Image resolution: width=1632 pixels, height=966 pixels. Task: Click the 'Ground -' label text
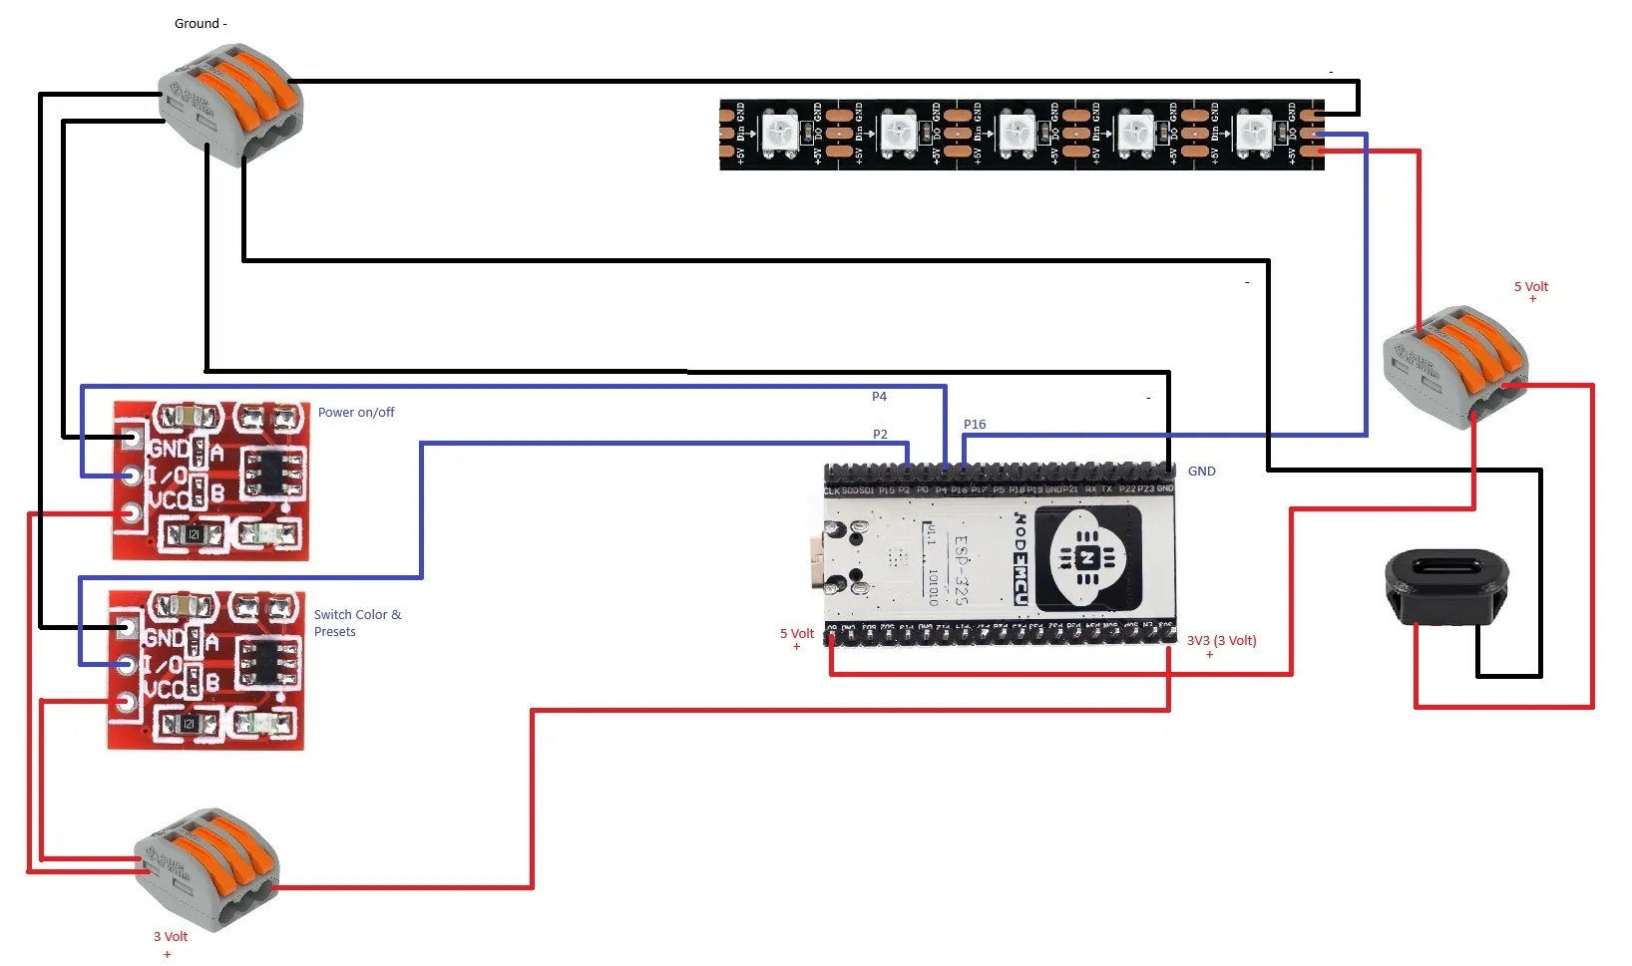tap(201, 24)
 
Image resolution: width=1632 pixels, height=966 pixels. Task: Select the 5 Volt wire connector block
tap(1454, 365)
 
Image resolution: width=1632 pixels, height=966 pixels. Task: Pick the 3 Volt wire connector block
tap(206, 868)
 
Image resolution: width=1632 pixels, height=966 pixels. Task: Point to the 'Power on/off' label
tap(356, 413)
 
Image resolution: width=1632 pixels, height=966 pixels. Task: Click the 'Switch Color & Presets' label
tap(357, 623)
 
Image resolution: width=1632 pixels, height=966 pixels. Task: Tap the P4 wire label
tap(879, 397)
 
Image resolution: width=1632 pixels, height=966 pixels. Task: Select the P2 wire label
tap(880, 435)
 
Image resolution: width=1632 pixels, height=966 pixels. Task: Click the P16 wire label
tap(975, 425)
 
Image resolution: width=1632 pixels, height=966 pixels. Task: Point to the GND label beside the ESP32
tap(1201, 472)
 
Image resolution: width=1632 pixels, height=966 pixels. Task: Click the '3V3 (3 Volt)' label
tap(1221, 641)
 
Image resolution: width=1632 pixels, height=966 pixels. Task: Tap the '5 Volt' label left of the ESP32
tap(796, 634)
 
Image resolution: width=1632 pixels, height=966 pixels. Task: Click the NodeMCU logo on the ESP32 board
tap(1087, 557)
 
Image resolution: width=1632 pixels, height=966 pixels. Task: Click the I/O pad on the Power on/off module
tap(131, 475)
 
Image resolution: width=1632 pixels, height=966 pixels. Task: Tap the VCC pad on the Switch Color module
tap(126, 702)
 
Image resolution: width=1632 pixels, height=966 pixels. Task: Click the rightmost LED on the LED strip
tap(1253, 134)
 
